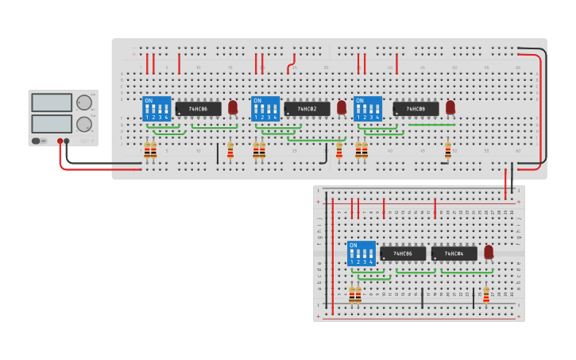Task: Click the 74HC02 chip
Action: click(307, 108)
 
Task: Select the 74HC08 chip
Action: click(416, 108)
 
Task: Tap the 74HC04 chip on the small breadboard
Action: click(454, 254)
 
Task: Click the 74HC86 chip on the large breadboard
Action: click(198, 108)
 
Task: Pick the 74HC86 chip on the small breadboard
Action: click(403, 254)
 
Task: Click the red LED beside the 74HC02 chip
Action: click(342, 106)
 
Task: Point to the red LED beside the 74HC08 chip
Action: click(450, 106)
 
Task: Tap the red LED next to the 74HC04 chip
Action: click(489, 252)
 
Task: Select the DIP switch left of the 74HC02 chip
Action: click(265, 109)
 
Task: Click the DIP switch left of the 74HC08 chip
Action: click(368, 109)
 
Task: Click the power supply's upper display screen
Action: click(51, 103)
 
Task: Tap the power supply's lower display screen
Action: click(51, 123)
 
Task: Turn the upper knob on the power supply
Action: click(83, 103)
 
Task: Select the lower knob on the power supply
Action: click(83, 124)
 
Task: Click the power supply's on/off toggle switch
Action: click(37, 141)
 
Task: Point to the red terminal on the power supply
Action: click(59, 141)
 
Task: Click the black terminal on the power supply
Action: click(67, 141)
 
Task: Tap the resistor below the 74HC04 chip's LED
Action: click(486, 295)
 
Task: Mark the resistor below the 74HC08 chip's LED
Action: click(448, 150)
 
